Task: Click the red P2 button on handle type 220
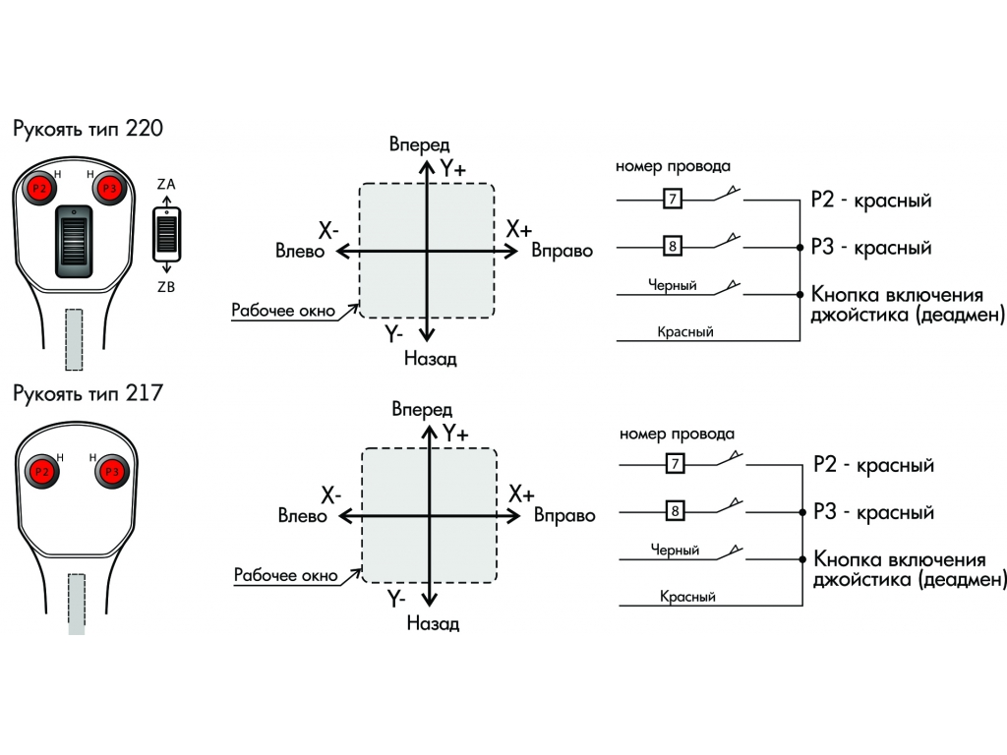(x=39, y=188)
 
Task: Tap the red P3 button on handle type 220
(x=110, y=188)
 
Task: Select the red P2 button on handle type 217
(x=41, y=472)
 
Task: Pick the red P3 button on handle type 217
(x=112, y=472)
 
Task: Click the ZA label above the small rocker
(x=166, y=184)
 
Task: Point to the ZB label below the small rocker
(x=166, y=287)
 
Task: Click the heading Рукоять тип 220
(x=88, y=129)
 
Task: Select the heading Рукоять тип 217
(x=88, y=393)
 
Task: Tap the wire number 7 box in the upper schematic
(x=673, y=199)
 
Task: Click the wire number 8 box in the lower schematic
(x=675, y=511)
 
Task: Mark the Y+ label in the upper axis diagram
(x=453, y=169)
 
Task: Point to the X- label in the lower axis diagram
(x=330, y=495)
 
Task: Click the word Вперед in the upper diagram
(x=419, y=145)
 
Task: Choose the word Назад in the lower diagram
(x=433, y=622)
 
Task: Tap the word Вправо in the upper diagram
(x=562, y=251)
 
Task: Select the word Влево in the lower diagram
(x=303, y=515)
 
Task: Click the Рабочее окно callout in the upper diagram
(x=283, y=310)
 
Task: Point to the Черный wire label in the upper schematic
(x=673, y=285)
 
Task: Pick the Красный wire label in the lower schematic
(x=687, y=597)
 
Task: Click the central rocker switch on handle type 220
(x=74, y=242)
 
